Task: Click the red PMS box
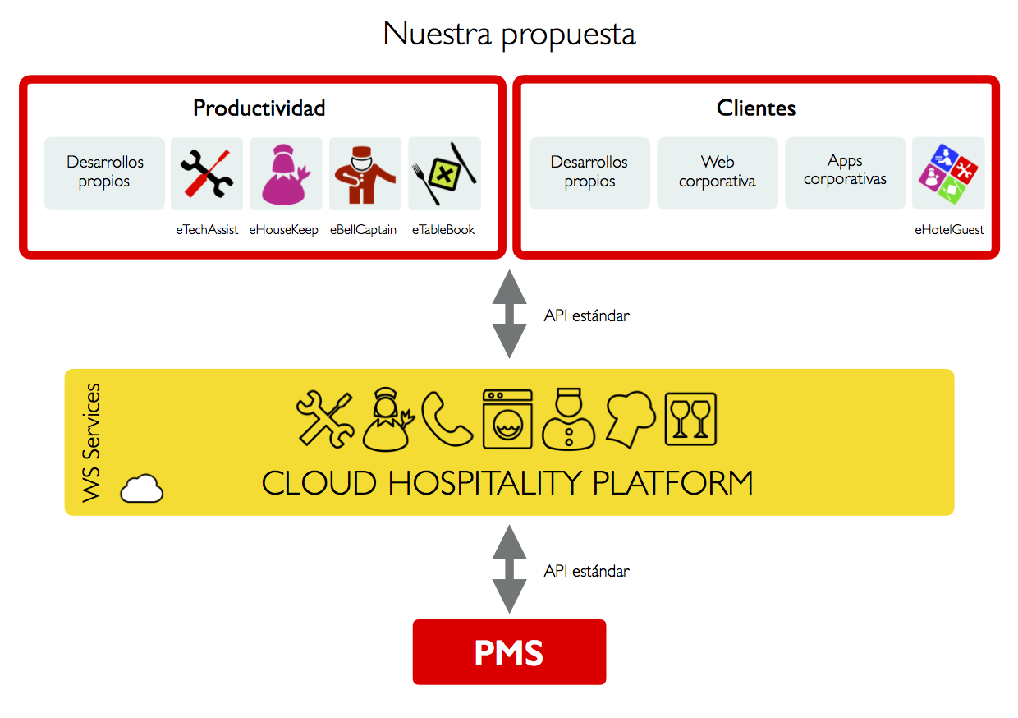[509, 651]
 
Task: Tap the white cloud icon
[141, 488]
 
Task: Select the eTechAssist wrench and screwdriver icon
[207, 173]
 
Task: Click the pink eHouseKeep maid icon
[286, 173]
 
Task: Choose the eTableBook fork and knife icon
[444, 173]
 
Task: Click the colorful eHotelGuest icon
[948, 173]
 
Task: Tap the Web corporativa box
[718, 173]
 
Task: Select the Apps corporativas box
[845, 173]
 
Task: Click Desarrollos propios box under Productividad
[104, 173]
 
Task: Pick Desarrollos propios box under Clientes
[589, 173]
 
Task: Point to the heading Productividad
[259, 108]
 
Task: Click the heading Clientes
[756, 108]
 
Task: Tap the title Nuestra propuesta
[509, 35]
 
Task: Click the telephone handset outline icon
[447, 419]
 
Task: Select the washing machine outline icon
[507, 419]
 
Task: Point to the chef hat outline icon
[631, 419]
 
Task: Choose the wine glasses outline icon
[690, 419]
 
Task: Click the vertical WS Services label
[91, 443]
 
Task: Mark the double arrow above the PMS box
[510, 569]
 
